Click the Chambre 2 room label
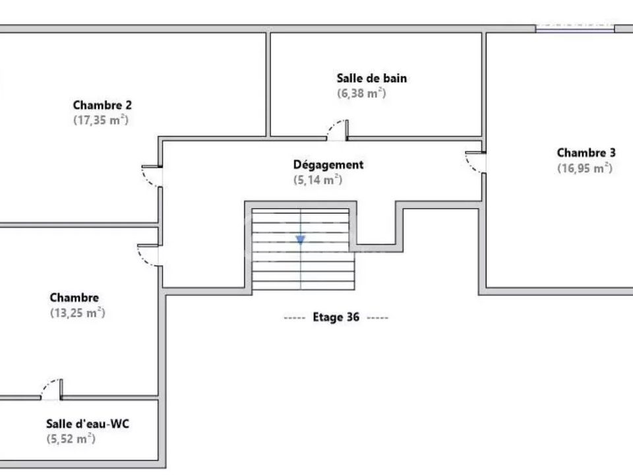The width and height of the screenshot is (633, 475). (x=102, y=105)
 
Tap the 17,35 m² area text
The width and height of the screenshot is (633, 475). (x=101, y=120)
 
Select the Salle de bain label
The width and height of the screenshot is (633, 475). (x=372, y=78)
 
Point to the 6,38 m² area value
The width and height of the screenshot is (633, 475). (x=362, y=93)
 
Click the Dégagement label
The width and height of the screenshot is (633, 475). (x=328, y=165)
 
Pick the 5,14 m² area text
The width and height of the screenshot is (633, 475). (x=318, y=179)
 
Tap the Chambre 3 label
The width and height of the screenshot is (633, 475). (x=586, y=152)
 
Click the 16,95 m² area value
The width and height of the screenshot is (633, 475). (x=585, y=168)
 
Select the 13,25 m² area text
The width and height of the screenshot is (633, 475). (x=78, y=313)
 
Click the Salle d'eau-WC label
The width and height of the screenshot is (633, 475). (x=88, y=424)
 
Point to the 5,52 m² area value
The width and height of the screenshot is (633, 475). (x=71, y=439)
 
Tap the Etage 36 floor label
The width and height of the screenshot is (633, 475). (x=336, y=317)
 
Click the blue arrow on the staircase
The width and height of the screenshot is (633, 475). (x=301, y=239)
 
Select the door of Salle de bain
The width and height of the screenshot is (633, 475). (x=338, y=130)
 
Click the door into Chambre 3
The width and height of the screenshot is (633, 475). (x=475, y=162)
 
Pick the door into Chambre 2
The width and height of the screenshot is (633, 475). (x=152, y=176)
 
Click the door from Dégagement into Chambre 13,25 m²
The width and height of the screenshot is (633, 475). (x=148, y=255)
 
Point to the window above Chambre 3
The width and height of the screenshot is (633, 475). (x=575, y=28)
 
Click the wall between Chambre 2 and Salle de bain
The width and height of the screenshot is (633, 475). (x=268, y=84)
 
